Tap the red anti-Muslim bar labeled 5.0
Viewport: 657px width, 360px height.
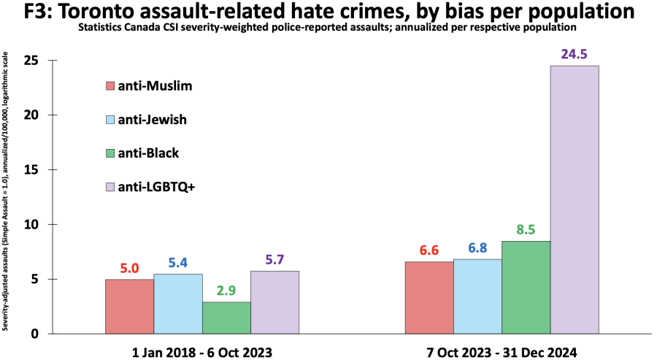(x=129, y=306)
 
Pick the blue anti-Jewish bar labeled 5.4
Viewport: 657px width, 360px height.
(x=177, y=304)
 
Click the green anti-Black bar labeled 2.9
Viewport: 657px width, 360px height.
(x=226, y=318)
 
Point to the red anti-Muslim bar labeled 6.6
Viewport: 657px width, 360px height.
(x=429, y=297)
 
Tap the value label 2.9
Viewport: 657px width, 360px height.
(x=226, y=291)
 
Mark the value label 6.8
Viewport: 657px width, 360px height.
(x=477, y=248)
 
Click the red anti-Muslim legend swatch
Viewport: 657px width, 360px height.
(x=111, y=86)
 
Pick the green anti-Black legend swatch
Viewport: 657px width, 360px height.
(x=111, y=153)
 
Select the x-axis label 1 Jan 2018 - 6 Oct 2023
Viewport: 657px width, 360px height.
(x=201, y=353)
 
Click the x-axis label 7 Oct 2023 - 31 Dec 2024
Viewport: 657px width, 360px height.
(x=502, y=353)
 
